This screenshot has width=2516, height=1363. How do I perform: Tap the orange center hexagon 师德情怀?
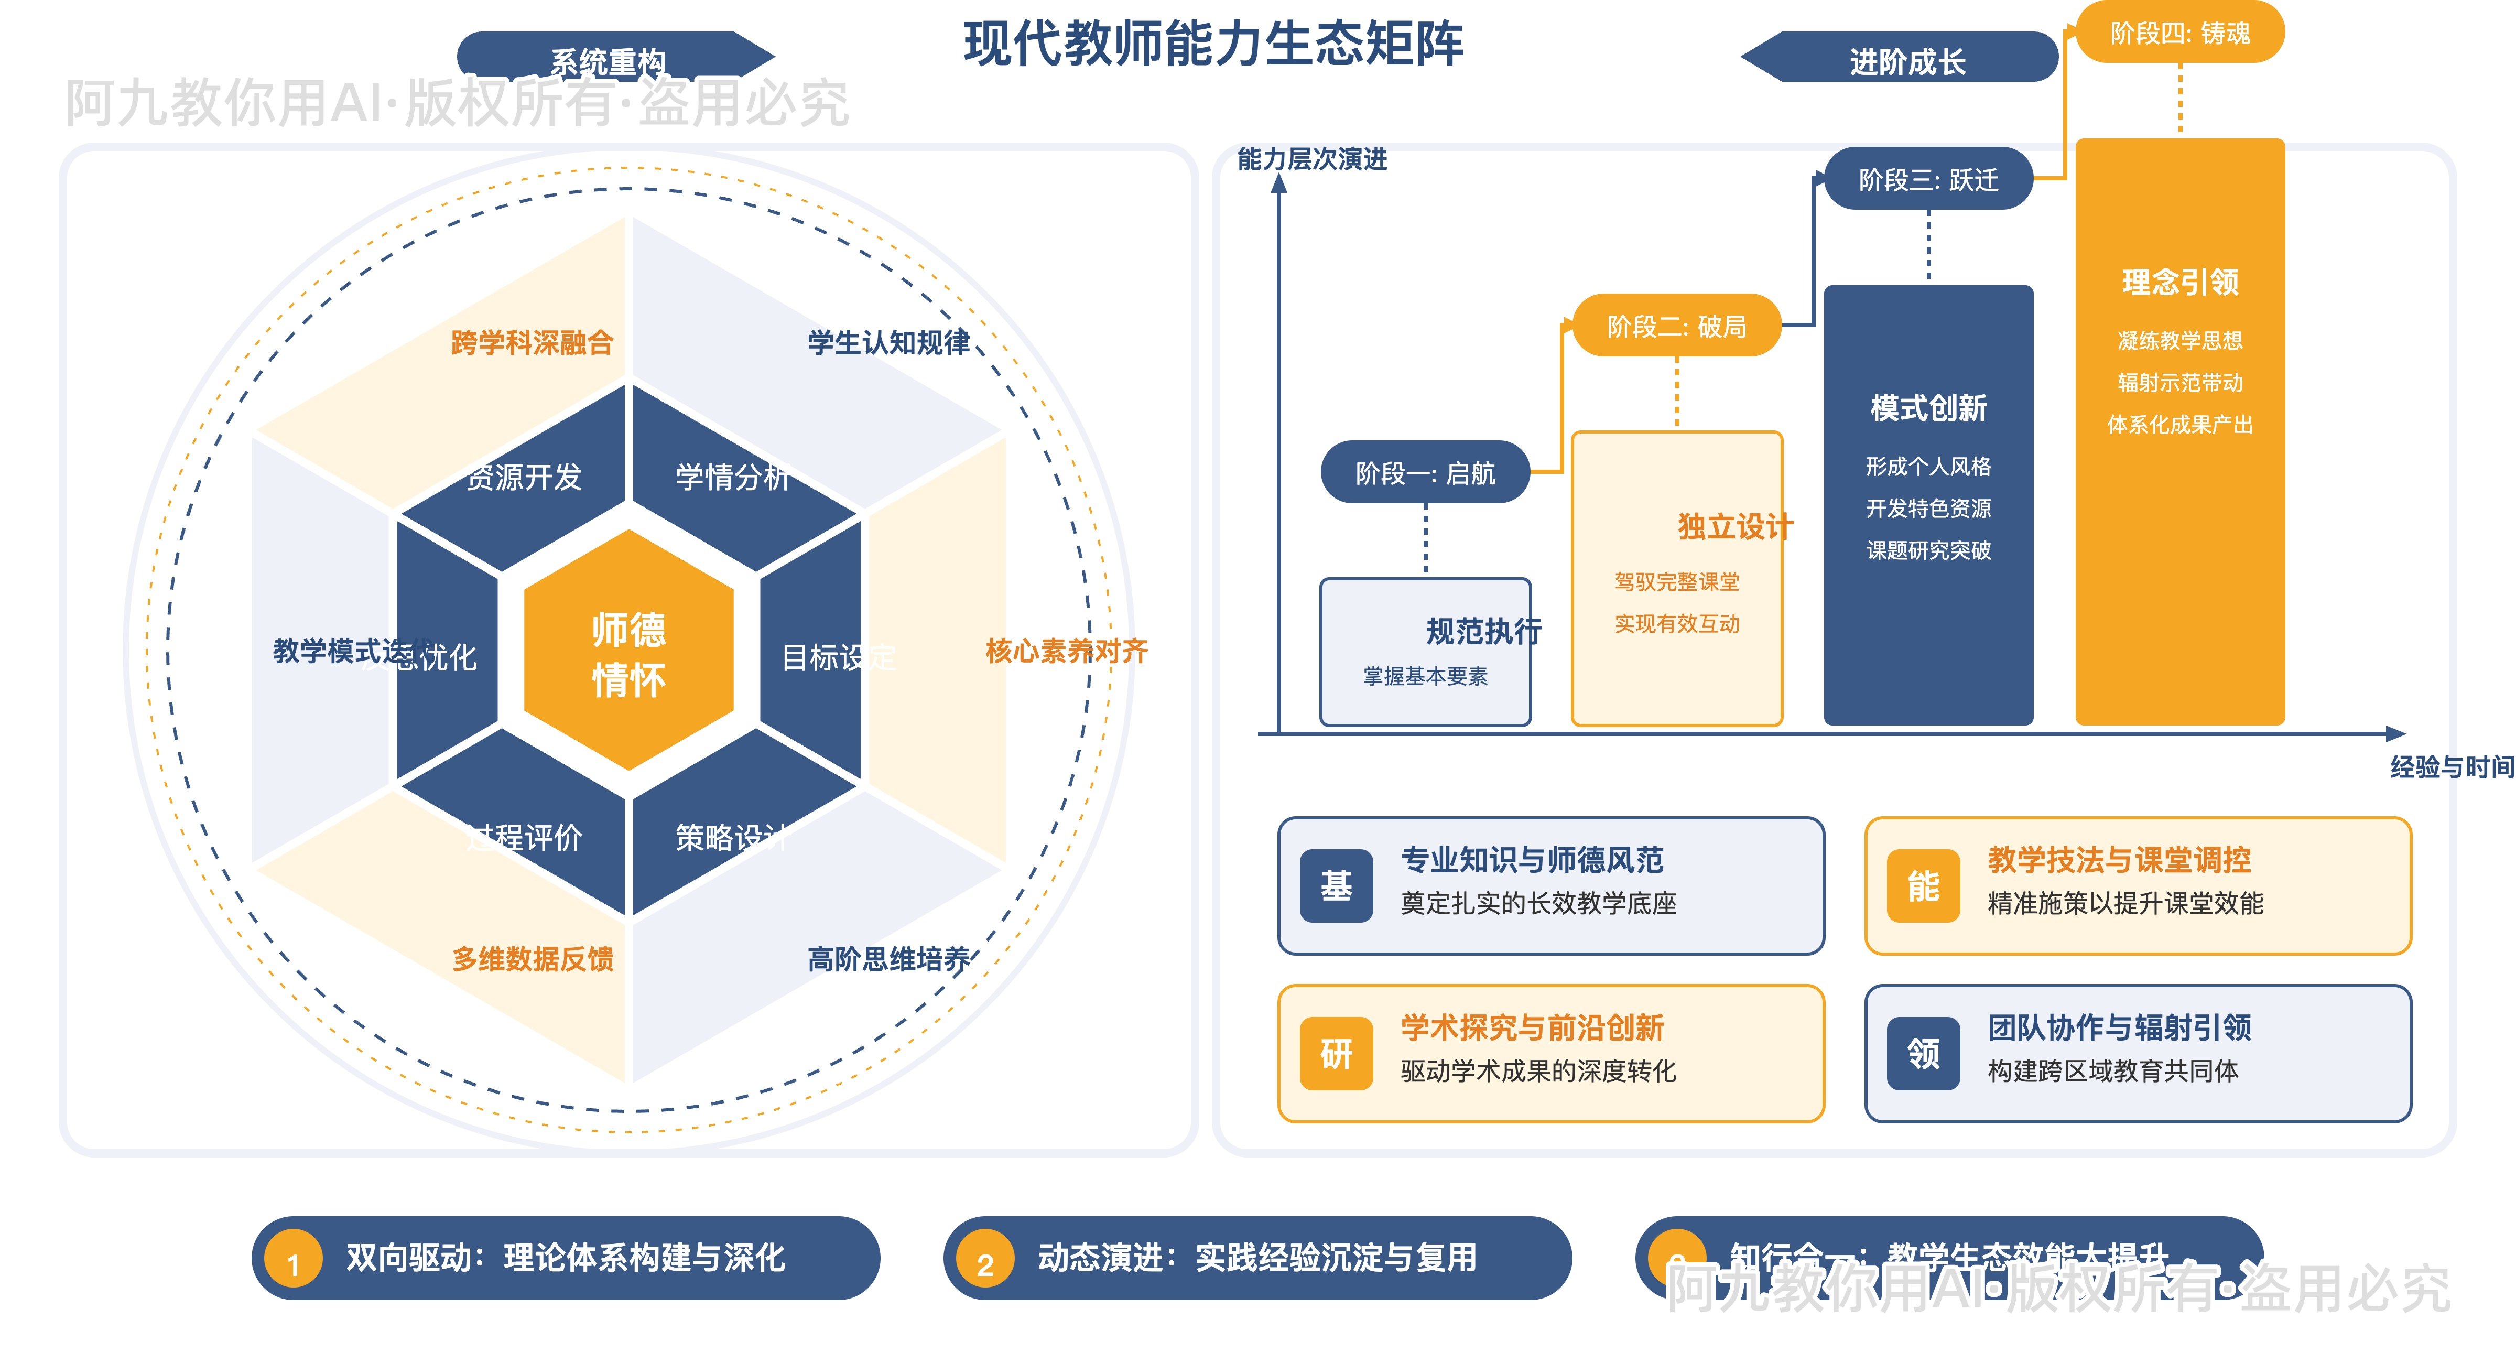pyautogui.click(x=629, y=653)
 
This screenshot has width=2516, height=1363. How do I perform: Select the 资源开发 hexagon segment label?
pyautogui.click(x=525, y=477)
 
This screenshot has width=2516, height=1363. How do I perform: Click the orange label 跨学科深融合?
pyautogui.click(x=533, y=343)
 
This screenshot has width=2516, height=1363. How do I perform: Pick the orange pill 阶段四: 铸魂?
pyautogui.click(x=2180, y=33)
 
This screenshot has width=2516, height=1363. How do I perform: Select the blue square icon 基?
pyautogui.click(x=1336, y=886)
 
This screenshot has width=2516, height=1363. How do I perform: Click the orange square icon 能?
pyautogui.click(x=1923, y=886)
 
